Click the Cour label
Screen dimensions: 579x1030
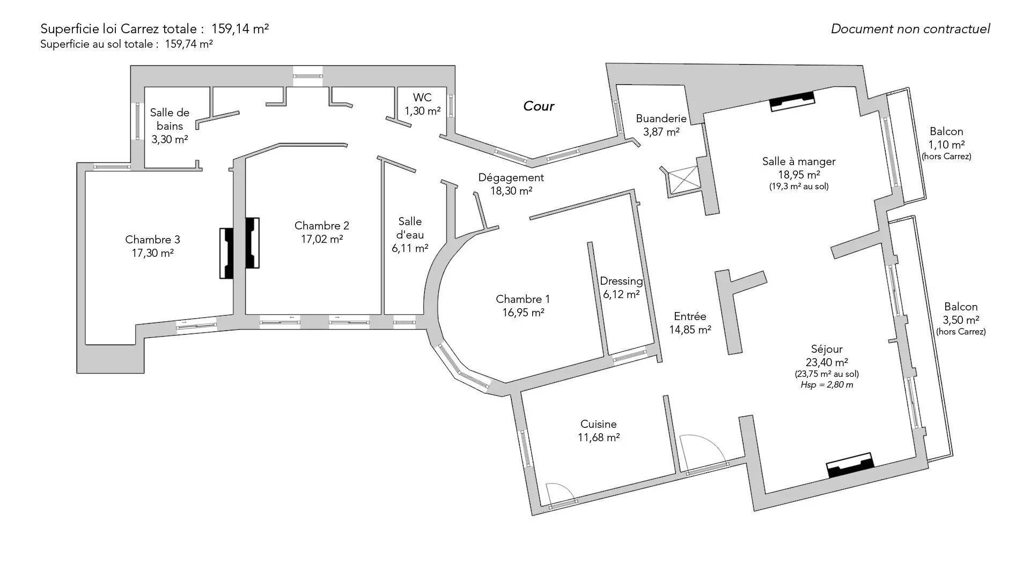click(x=538, y=106)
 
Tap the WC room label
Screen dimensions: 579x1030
click(x=422, y=98)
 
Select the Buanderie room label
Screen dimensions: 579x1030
click(x=661, y=118)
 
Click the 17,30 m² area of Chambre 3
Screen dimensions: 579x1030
click(x=152, y=253)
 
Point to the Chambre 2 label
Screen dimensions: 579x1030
click(x=321, y=226)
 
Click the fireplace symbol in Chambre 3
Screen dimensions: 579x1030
click(x=226, y=253)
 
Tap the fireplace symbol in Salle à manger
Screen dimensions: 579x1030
click(x=792, y=101)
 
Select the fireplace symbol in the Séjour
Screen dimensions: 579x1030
click(x=850, y=465)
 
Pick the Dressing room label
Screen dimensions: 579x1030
click(x=621, y=281)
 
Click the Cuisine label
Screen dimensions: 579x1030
click(x=598, y=424)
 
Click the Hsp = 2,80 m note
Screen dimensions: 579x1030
click(x=826, y=385)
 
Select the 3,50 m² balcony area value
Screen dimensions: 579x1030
click(x=961, y=320)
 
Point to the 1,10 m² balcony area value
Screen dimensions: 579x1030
click(x=946, y=145)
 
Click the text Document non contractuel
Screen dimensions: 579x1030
click(x=910, y=29)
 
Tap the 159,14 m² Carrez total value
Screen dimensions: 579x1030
click(x=240, y=29)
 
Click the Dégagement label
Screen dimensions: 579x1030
click(x=511, y=177)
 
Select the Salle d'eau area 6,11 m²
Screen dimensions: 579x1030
click(x=410, y=248)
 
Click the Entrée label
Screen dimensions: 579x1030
click(x=690, y=316)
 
